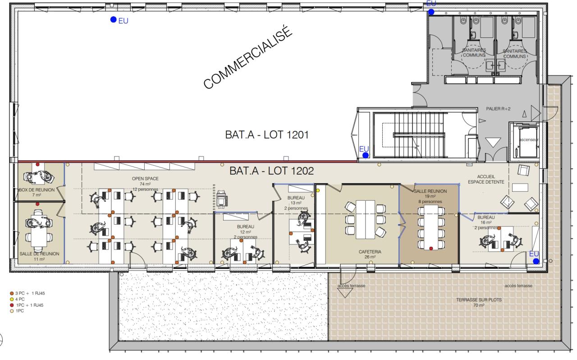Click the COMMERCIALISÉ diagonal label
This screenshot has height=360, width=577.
248,57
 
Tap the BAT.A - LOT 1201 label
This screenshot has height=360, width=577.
267,134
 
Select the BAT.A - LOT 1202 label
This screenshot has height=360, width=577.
271,171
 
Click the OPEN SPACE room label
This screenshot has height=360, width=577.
145,179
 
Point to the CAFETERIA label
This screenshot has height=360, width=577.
370,252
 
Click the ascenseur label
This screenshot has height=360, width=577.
529,139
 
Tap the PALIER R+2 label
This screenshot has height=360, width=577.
498,109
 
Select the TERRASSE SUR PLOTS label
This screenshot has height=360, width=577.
479,300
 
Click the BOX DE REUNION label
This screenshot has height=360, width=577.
37,190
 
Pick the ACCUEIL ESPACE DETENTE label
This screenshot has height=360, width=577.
486,179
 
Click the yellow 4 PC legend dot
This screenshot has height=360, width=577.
12,299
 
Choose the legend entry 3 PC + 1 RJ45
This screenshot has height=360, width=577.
27,293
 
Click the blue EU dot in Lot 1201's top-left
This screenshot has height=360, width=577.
113,19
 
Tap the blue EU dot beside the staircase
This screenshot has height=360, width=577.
365,155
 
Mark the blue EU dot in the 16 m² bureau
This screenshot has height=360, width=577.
536,261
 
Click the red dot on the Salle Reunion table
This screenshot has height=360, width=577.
431,248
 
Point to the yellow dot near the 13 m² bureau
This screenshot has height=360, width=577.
318,190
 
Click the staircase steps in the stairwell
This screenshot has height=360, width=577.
419,134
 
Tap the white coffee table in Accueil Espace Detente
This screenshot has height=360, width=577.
520,188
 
